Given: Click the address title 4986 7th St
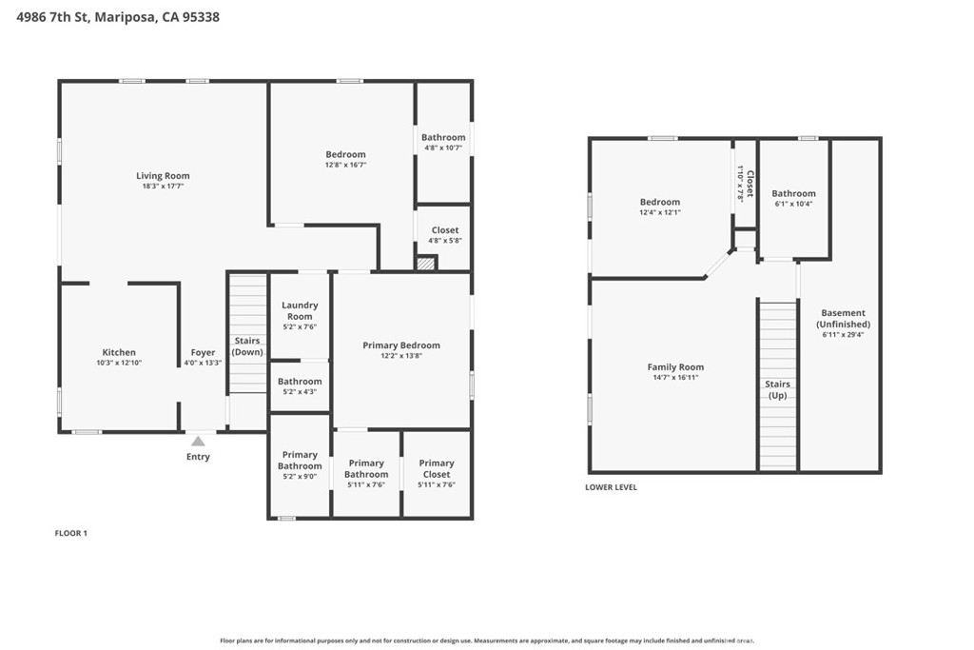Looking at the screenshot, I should tap(118, 16).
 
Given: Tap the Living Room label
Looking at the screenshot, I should tap(163, 175).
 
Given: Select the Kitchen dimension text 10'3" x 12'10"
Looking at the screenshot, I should tap(119, 363).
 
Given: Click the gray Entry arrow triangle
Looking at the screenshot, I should tap(198, 441).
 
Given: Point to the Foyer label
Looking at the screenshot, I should tap(203, 352).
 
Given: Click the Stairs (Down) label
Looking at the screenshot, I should tap(248, 345).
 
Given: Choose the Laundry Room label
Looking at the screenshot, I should tap(300, 310).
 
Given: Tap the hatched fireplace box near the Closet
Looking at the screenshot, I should tap(426, 264).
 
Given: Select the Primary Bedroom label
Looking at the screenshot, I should tap(401, 345).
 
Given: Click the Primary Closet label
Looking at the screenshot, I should tap(437, 468).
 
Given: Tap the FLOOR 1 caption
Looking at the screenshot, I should tap(70, 533).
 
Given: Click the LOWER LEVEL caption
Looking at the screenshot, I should tap(611, 487).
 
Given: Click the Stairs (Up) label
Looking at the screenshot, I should tap(777, 389).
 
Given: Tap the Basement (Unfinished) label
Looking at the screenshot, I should tap(843, 318).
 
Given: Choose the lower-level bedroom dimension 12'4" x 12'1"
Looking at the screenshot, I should tap(659, 212).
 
